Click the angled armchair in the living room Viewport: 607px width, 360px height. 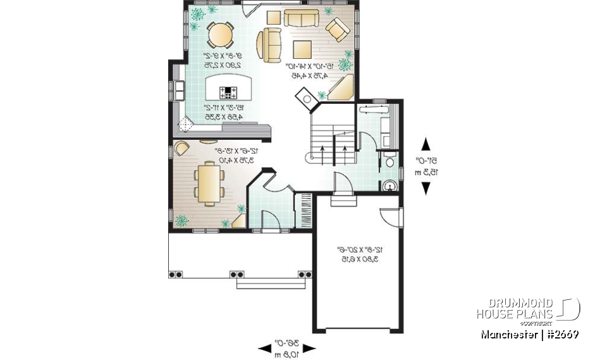point(336,28)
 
